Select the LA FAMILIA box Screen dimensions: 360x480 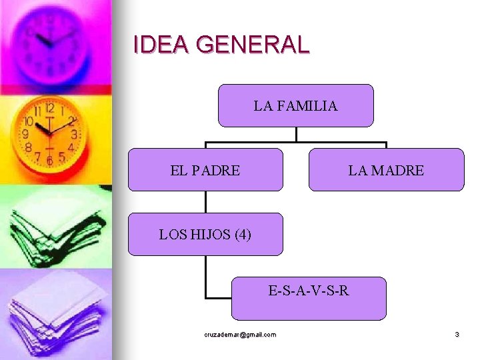tap(295, 105)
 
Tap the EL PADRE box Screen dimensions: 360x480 tap(205, 170)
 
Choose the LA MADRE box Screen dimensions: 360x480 tap(386, 170)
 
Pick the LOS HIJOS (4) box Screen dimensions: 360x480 tap(205, 234)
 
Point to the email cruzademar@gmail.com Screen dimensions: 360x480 tap(240, 335)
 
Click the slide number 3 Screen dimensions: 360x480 tap(457, 335)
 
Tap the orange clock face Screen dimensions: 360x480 tap(50, 133)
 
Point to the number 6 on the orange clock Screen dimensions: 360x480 tap(50, 161)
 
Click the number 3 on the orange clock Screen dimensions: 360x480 tap(73, 133)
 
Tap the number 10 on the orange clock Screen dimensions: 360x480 tap(29, 123)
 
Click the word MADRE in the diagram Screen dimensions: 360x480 tap(398, 171)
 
